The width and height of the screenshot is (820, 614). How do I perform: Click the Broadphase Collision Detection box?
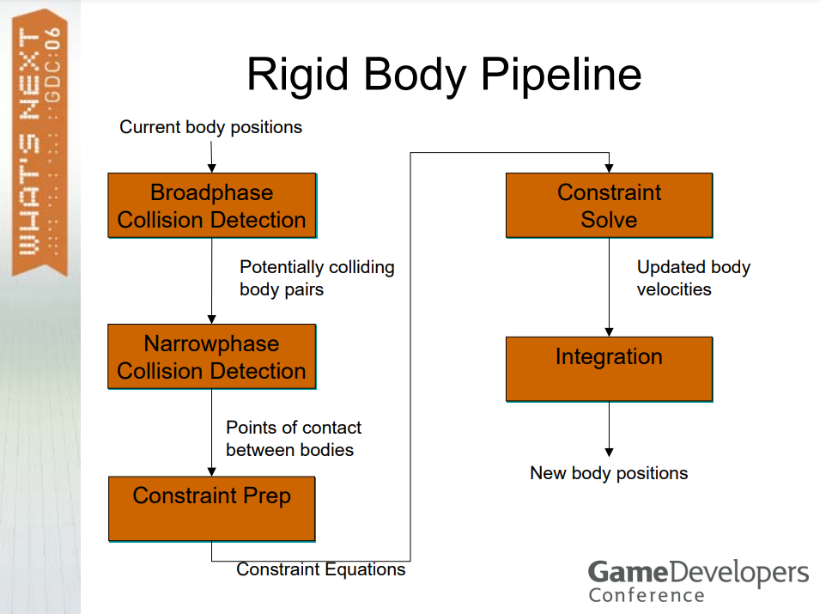coord(212,205)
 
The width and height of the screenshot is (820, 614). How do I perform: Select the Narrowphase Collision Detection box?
coord(212,356)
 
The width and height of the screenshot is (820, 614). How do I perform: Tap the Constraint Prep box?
coord(212,509)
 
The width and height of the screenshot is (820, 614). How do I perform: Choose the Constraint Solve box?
coord(610,205)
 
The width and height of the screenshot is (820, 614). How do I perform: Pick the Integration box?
coord(610,369)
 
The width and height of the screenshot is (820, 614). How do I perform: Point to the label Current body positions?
coord(210,127)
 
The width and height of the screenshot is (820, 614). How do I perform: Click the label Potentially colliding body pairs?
coord(317,277)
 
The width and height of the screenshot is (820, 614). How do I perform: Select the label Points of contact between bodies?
coord(294,439)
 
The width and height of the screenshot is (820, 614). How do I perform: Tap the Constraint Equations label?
coord(320,569)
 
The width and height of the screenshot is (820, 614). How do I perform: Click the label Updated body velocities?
coord(694,277)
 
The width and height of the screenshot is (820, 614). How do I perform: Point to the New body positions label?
coord(609,473)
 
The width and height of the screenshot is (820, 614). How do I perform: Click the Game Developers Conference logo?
coord(698,581)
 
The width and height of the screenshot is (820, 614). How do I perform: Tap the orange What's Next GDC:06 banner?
coord(39,143)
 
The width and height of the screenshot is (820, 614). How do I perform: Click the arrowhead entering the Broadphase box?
coord(212,167)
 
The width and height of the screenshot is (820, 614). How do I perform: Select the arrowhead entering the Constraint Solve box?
coord(610,167)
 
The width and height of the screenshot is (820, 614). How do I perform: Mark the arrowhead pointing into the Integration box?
coord(610,332)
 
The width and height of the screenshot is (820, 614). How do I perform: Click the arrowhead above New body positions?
coord(610,453)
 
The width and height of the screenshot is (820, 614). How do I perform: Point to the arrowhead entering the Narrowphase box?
coord(212,319)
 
